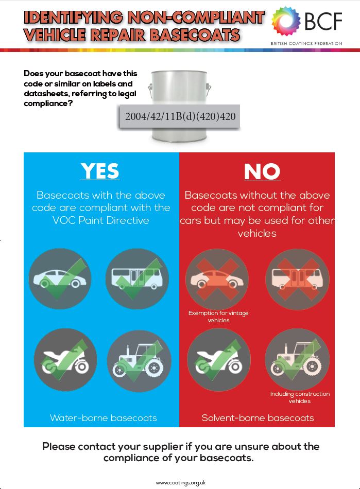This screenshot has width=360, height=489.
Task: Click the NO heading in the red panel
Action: point(262,171)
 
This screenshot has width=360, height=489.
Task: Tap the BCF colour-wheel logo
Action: point(286,21)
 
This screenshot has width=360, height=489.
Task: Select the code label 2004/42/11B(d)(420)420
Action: point(180,116)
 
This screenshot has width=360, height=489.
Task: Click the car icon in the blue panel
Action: point(60,278)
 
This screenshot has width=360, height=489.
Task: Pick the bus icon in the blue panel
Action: point(138,278)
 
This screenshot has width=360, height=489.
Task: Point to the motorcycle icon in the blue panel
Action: point(65,360)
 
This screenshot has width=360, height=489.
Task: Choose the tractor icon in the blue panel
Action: point(139,360)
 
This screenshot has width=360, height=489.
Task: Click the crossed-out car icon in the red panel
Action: point(217,278)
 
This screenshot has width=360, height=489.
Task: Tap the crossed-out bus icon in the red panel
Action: point(297,279)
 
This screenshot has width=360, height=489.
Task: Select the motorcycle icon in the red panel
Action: point(219,359)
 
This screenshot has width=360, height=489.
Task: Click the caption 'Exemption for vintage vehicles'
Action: point(218,317)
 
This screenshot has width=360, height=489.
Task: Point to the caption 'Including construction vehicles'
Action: point(300,397)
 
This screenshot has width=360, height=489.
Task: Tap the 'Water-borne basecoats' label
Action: point(103,418)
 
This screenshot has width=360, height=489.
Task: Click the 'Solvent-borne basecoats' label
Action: point(258,418)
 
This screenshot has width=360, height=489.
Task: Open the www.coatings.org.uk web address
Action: point(181,483)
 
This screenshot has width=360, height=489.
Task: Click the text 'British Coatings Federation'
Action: point(306,44)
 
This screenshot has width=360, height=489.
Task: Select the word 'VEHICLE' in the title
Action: point(55,35)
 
